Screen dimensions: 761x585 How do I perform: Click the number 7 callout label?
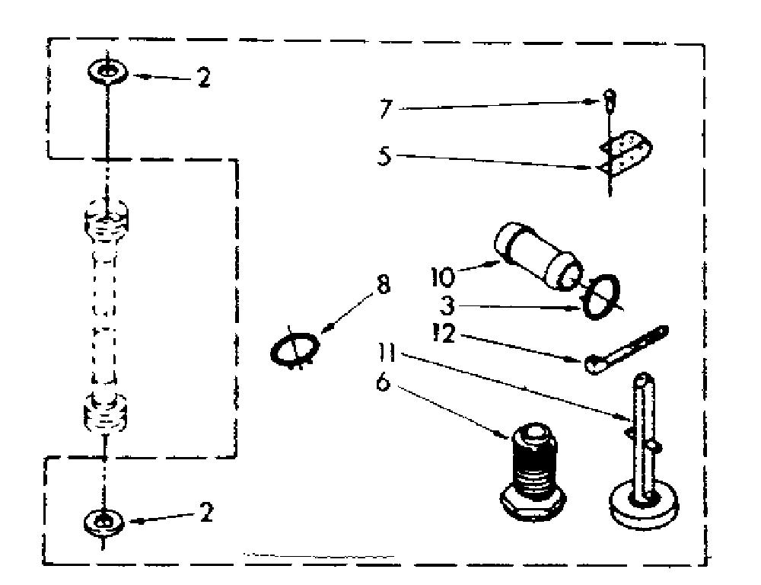pos(385,108)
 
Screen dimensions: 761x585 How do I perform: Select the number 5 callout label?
pos(384,156)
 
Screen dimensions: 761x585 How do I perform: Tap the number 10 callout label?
pos(443,277)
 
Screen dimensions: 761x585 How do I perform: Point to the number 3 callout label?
pos(447,306)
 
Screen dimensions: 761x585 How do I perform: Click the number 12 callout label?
pos(444,334)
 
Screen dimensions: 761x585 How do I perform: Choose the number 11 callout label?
pos(387,353)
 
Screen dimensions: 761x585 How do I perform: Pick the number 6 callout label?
pos(384,383)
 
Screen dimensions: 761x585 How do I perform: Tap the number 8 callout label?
pos(384,285)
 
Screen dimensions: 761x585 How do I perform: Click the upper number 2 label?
pos(204,77)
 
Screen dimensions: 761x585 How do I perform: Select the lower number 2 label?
pos(206,512)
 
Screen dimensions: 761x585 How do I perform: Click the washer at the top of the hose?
pos(108,72)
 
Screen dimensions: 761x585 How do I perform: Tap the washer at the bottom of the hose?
pos(103,523)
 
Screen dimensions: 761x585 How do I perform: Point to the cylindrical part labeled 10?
pos(537,256)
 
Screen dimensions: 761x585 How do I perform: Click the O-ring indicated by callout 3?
pos(601,297)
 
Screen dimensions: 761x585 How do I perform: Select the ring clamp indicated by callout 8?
pos(295,348)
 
